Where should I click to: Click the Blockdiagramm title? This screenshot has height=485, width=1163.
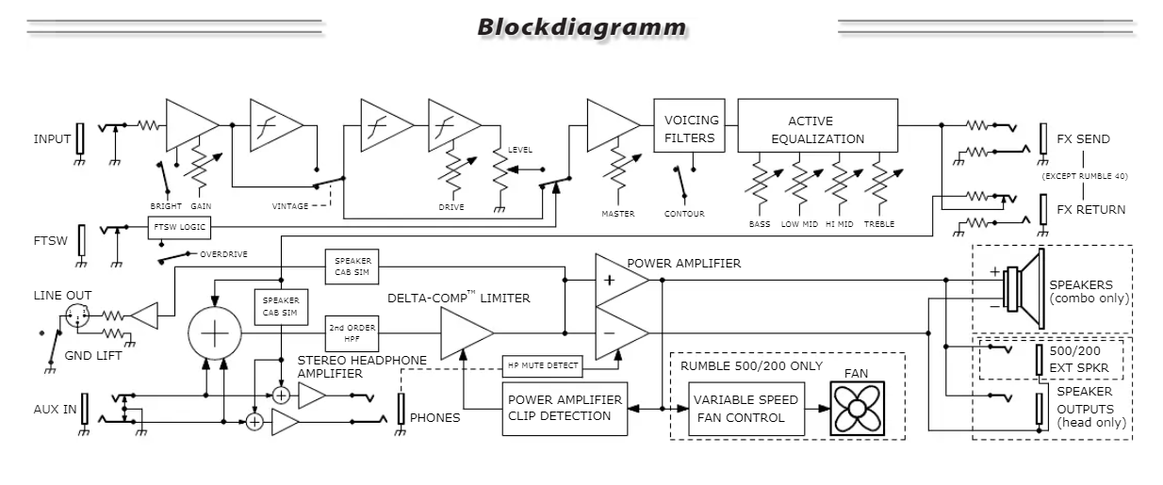coord(581,26)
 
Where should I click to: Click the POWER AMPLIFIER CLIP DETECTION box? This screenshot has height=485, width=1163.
coord(565,408)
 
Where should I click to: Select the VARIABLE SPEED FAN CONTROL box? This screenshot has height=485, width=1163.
coord(745,408)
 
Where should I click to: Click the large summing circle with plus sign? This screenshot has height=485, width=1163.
coord(216,332)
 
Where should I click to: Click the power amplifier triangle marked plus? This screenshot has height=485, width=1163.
coord(616,280)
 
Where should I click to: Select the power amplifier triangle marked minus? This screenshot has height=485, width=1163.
coord(616,331)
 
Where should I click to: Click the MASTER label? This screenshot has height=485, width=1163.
coord(618,214)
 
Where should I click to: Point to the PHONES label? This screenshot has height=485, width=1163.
coord(435,418)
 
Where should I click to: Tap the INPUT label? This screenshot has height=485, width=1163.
coord(52,139)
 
